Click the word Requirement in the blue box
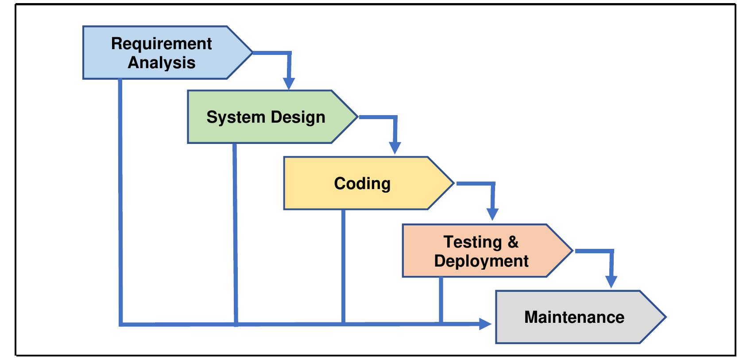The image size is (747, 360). point(161,43)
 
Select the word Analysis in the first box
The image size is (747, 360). point(162,62)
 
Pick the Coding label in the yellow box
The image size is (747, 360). point(362,183)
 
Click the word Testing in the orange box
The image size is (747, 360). point(472,242)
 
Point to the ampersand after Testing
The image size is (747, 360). point(513,242)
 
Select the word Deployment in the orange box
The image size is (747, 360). point(481,261)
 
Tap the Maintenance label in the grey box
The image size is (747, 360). point(574,317)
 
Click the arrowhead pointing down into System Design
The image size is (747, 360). point(289,84)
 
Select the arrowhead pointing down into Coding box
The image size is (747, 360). point(395,148)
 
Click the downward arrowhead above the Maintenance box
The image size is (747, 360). point(611,282)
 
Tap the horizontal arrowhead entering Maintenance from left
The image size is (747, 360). point(486,324)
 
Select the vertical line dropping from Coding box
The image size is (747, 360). point(343,266)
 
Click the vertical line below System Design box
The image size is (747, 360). point(235,230)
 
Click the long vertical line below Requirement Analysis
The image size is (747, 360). point(120,199)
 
